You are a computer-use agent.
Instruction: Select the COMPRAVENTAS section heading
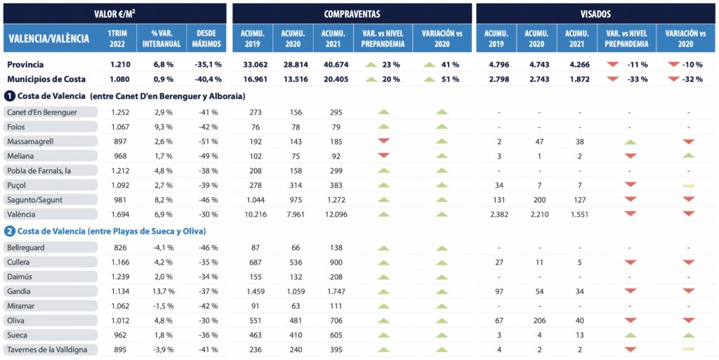352,13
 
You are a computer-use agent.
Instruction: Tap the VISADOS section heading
595,13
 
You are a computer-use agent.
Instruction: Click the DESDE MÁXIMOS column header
206,39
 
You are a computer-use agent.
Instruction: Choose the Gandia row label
18,292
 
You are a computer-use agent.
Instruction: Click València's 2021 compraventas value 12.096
331,214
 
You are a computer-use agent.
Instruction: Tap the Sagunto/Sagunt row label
34,199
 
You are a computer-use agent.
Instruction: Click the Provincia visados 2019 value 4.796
496,65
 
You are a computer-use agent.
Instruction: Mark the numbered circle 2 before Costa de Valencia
10,231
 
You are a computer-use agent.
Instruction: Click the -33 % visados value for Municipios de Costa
638,79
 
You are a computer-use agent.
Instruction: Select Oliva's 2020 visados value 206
539,321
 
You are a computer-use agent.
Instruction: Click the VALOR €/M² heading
115,13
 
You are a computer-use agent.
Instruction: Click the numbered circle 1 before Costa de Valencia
10,95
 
